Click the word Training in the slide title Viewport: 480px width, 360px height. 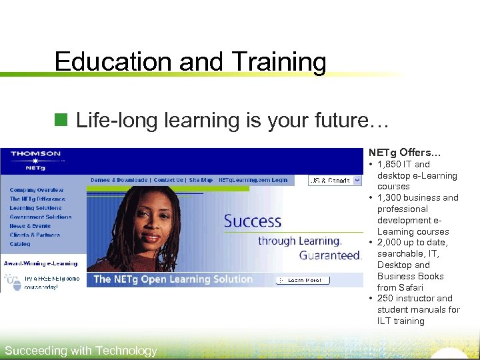(x=279, y=62)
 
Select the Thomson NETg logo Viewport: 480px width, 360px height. (x=35, y=160)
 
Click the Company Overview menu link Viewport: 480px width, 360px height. (x=37, y=190)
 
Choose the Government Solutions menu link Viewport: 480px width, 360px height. (x=41, y=217)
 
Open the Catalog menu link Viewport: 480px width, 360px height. (x=20, y=244)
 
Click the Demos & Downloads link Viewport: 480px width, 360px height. (x=120, y=180)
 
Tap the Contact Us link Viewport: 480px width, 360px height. (x=169, y=180)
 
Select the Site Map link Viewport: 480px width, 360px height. (x=201, y=180)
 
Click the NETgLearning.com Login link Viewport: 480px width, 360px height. (x=253, y=180)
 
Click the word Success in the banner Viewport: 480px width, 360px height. (x=253, y=221)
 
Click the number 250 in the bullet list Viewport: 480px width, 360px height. (x=387, y=298)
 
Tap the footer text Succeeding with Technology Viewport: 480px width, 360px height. (x=81, y=351)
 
